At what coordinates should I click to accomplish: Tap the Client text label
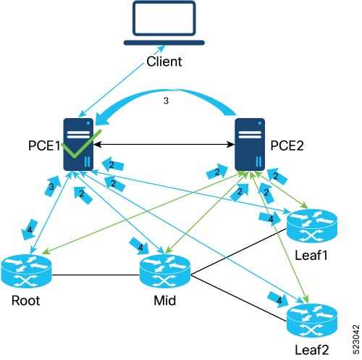pos(164,61)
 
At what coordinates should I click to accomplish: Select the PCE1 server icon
pos(80,145)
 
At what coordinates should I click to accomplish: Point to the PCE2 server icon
pos(251,145)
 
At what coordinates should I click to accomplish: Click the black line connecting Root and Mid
pos(98,274)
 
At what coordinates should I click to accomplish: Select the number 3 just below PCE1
pos(51,186)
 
